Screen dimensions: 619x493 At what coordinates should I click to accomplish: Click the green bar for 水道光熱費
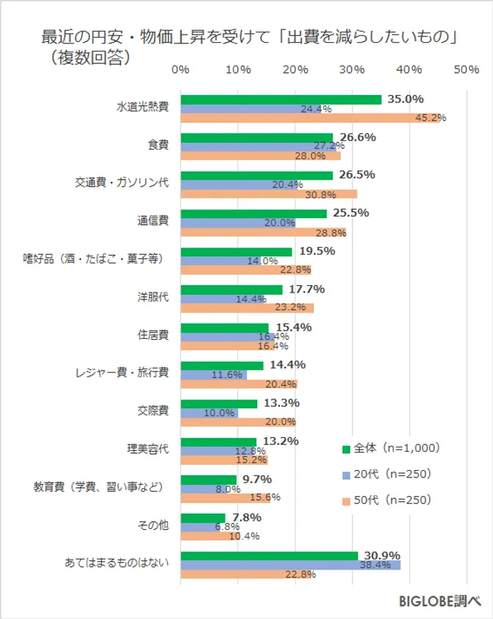click(x=281, y=99)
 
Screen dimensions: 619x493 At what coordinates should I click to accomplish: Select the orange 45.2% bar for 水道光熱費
click(x=310, y=118)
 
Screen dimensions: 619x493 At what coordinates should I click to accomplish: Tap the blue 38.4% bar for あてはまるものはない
click(x=290, y=564)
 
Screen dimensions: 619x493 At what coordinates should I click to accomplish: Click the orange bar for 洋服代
click(x=247, y=307)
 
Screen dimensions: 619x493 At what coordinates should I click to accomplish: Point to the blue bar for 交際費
click(x=209, y=413)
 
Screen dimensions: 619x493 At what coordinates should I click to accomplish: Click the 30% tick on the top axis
click(x=352, y=69)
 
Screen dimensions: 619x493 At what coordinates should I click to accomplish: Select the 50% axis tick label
click(x=466, y=69)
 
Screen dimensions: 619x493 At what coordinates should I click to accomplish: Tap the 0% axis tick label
click(x=181, y=69)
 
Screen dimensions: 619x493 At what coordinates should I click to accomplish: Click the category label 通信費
click(x=153, y=220)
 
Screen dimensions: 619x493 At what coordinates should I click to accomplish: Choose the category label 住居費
click(x=153, y=335)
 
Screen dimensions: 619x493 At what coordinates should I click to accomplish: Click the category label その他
click(x=153, y=525)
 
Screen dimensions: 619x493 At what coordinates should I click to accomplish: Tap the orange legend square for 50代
click(x=345, y=501)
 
